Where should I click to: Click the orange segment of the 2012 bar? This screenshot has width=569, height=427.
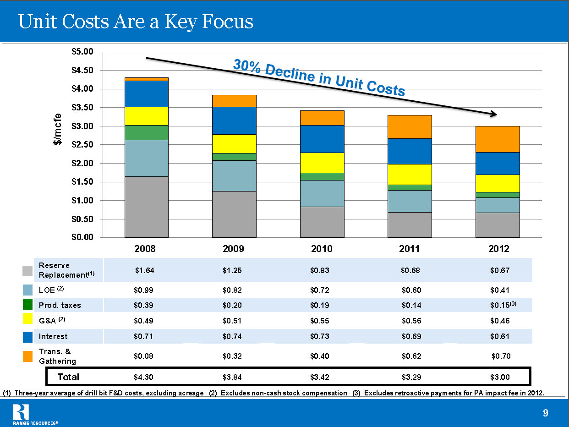point(497,139)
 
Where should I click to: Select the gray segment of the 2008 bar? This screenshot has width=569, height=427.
point(146,207)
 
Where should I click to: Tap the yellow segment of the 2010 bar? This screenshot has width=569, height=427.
point(322,163)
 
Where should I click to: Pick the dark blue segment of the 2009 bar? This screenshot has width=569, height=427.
point(234,120)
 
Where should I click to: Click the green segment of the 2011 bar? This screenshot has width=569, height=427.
point(410,187)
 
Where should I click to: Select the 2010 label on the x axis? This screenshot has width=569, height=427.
point(322,249)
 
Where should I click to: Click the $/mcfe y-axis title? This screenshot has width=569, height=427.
point(57,129)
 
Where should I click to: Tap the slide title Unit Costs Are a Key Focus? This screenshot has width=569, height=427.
point(136,22)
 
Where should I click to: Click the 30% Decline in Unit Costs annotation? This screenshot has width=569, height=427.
point(319,78)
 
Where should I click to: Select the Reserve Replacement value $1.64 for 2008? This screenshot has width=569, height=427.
point(145,270)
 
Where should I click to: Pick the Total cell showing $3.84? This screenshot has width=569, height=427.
point(232,377)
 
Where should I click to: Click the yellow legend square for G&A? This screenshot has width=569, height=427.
point(27,321)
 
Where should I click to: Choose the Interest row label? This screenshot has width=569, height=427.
point(53,336)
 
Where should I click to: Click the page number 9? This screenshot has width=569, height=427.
point(545,413)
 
